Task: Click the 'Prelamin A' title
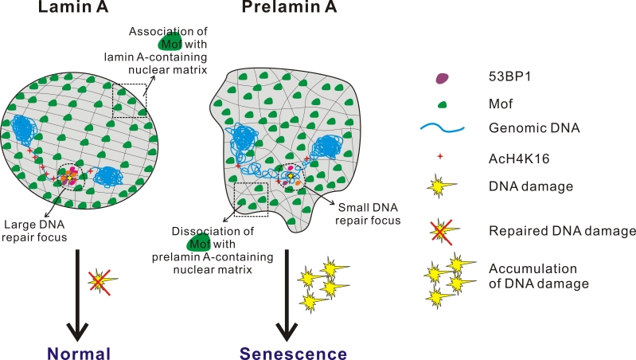288,10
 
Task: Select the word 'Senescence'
296,353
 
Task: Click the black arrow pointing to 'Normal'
76,295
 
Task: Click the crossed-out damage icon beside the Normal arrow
100,280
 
